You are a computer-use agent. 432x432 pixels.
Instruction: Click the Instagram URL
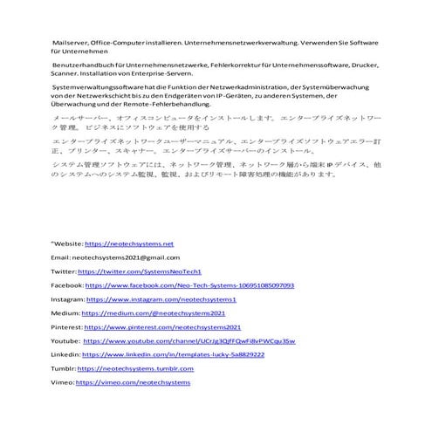click(x=162, y=299)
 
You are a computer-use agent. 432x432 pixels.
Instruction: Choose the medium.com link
click(x=154, y=313)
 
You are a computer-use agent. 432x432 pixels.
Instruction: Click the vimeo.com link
click(x=134, y=383)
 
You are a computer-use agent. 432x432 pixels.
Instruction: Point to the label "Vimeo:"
click(x=63, y=383)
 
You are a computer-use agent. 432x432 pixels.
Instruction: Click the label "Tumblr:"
click(x=64, y=369)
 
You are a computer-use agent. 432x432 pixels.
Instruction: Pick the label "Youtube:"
click(x=65, y=341)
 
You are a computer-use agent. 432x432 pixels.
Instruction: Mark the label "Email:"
click(x=60, y=258)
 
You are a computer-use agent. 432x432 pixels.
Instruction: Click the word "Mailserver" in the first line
click(x=71, y=42)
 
